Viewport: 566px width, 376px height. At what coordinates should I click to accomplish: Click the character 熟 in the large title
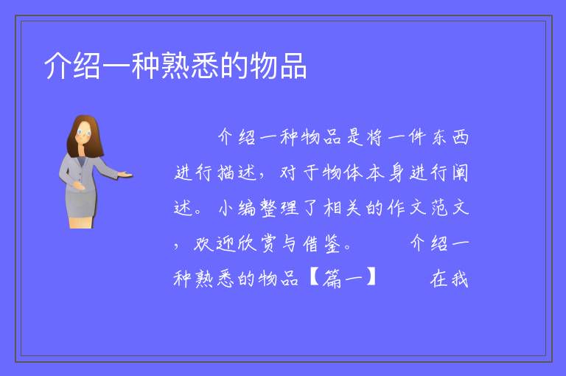175,66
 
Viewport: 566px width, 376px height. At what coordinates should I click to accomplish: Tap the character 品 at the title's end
293,66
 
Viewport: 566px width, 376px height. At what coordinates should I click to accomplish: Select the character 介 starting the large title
57,66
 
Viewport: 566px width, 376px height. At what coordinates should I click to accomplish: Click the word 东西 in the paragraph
450,137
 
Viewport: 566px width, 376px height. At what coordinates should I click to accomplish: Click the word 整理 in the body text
280,208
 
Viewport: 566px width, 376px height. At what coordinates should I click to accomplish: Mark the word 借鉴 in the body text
321,243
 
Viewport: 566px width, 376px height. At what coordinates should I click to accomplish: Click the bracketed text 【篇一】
343,279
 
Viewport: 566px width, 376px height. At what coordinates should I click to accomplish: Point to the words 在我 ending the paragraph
450,279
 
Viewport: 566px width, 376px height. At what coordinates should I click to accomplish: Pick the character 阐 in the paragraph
460,173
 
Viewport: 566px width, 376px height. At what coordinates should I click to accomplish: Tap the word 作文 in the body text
407,208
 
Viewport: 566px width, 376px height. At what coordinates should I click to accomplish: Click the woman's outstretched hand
125,175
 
